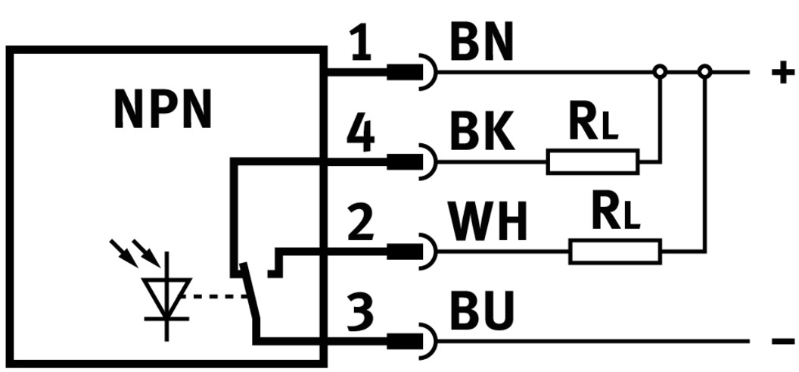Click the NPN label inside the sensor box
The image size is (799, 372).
[x=163, y=110]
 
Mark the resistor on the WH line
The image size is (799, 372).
[x=615, y=251]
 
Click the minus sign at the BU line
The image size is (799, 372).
[x=783, y=342]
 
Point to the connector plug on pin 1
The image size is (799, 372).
[x=409, y=73]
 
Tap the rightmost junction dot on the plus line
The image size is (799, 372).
[x=705, y=72]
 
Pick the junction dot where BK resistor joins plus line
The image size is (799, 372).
[x=661, y=72]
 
